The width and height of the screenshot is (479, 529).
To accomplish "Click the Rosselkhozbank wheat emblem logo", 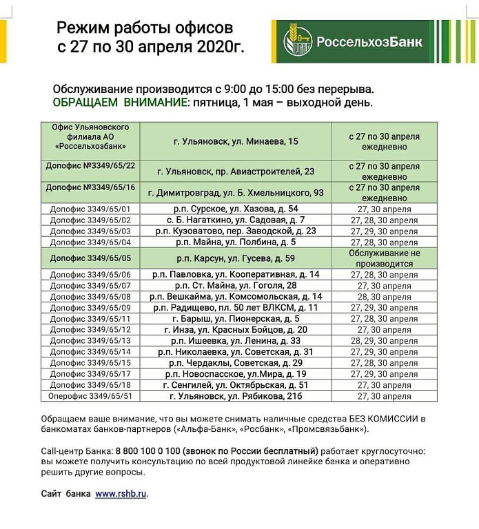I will coord(298,41).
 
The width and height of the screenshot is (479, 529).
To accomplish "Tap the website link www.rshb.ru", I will coord(121,493).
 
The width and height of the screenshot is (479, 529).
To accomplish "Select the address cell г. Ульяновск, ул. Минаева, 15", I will coord(236,141).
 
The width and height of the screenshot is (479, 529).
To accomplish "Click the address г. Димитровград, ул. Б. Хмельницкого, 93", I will coord(236,191).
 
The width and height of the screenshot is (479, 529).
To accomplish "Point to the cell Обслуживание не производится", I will coord(384,258).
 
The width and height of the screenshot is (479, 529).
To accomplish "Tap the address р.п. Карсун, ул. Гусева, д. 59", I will coord(236,258).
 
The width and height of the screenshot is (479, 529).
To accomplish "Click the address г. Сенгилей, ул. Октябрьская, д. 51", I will coord(236,385).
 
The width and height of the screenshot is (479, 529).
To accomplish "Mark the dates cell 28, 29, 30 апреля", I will coord(384,340).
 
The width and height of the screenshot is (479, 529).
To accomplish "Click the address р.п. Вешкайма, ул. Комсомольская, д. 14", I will coord(236,296).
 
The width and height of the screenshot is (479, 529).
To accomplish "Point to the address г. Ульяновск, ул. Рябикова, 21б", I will coord(236,396).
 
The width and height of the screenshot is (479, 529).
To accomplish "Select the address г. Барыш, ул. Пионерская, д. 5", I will coord(236,318).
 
